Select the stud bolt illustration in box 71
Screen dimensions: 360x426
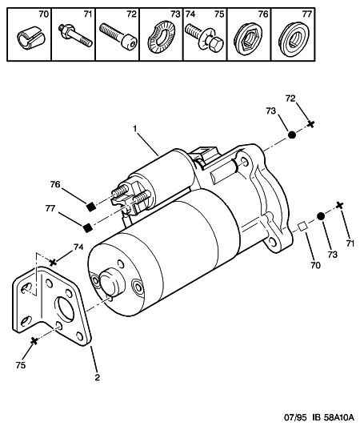tap(75, 36)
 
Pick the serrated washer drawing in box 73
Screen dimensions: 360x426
tap(162, 38)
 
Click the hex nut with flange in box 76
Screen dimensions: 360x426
tap(248, 39)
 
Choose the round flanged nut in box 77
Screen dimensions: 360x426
tap(294, 39)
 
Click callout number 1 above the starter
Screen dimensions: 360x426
tap(135, 129)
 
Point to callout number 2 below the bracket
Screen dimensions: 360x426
tap(97, 377)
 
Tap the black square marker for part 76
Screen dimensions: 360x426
tap(91, 207)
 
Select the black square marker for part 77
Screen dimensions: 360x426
tap(87, 227)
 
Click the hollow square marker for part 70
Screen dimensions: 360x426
tap(302, 227)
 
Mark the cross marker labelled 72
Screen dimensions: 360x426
tap(311, 124)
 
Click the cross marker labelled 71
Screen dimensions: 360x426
tap(339, 205)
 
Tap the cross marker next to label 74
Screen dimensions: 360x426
tap(53, 262)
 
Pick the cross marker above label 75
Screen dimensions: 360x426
tap(34, 340)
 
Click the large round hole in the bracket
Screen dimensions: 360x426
tap(65, 310)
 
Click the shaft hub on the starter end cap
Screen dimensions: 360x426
tap(111, 282)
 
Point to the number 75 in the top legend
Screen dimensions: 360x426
tap(219, 14)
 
